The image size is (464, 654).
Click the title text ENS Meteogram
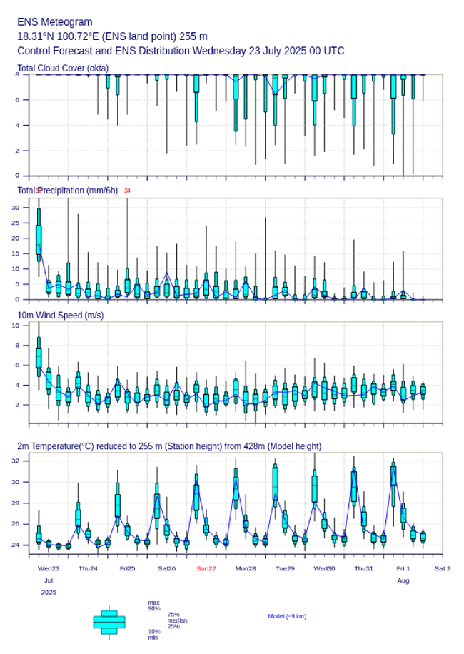pyautogui.click(x=54, y=22)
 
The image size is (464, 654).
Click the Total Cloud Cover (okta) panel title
pyautogui.click(x=63, y=69)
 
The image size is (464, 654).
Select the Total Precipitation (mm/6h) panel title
pyautogui.click(x=68, y=191)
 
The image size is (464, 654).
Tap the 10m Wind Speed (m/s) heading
pyautogui.click(x=60, y=315)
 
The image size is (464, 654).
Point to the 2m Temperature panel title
pyautogui.click(x=169, y=446)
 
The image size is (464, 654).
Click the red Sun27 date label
pyautogui.click(x=206, y=568)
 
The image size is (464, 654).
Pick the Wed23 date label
pyautogui.click(x=49, y=568)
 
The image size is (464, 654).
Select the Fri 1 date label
pyautogui.click(x=403, y=568)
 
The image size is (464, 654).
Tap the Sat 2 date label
pyautogui.click(x=443, y=568)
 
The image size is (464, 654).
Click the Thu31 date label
pyautogui.click(x=364, y=568)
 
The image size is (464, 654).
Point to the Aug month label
pyautogui.click(x=403, y=580)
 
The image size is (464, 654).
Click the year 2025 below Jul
pyautogui.click(x=49, y=593)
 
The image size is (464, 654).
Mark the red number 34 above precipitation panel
pyautogui.click(x=128, y=191)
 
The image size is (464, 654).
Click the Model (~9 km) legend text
pyautogui.click(x=287, y=616)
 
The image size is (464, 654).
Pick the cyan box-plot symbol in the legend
pyautogui.click(x=109, y=622)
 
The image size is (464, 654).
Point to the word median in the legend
pyautogui.click(x=177, y=620)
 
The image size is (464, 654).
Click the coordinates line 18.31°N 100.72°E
pyautogui.click(x=112, y=36)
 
